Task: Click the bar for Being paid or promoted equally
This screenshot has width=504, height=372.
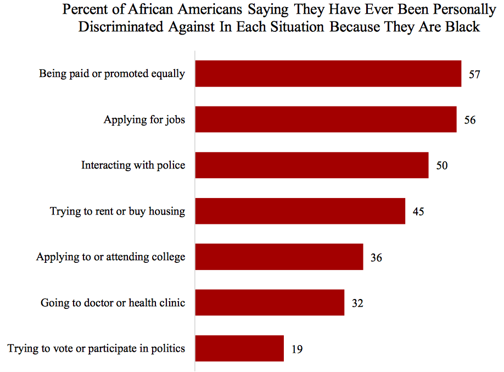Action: tap(328, 74)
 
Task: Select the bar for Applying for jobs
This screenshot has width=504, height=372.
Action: tap(326, 119)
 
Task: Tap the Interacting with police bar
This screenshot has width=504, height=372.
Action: tap(311, 165)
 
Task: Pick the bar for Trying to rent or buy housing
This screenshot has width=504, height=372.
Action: tap(300, 211)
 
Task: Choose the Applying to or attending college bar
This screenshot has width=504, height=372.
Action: tap(279, 257)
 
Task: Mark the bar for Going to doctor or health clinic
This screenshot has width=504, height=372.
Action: tap(270, 302)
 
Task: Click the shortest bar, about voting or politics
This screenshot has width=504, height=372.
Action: tap(239, 348)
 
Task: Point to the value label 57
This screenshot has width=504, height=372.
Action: tap(474, 74)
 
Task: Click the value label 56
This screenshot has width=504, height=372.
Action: tap(469, 120)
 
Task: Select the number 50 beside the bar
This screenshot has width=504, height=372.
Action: tap(442, 166)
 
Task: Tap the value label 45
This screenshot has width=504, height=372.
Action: tap(418, 211)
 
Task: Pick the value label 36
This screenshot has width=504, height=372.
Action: tap(376, 257)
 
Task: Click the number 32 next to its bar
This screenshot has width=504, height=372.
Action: tap(357, 303)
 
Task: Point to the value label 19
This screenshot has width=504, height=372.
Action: tap(297, 348)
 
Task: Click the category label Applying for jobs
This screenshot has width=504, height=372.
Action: tap(144, 120)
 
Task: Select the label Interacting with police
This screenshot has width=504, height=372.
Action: tap(133, 165)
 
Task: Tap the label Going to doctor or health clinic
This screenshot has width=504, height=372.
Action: tap(113, 302)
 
